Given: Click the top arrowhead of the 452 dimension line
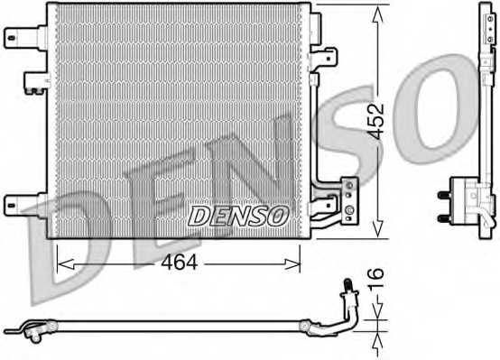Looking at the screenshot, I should click(x=375, y=11).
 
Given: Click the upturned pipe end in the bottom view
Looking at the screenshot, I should click(x=345, y=291).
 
